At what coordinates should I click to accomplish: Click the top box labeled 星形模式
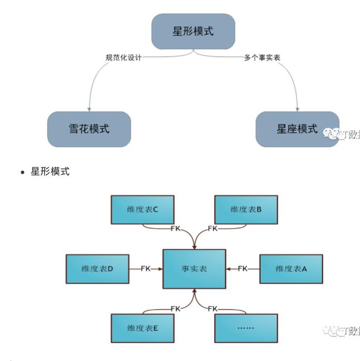[193, 31]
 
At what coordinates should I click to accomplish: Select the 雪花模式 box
[89, 129]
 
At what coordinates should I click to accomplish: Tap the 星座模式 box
[297, 129]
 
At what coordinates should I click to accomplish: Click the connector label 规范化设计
[123, 57]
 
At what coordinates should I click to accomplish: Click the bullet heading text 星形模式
[50, 171]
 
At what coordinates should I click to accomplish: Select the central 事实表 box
[194, 269]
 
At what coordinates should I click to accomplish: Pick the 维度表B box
[246, 209]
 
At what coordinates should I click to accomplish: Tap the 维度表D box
[97, 269]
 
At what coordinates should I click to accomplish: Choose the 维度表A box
[291, 269]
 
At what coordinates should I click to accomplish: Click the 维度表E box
[142, 328]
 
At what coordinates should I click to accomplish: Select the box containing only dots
[246, 328]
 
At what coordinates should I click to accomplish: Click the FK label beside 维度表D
[146, 269]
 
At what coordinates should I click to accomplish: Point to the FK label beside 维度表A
[242, 269]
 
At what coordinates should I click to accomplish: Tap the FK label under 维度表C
[175, 229]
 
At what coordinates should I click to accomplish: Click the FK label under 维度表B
[213, 229]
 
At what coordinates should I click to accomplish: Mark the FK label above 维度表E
[175, 309]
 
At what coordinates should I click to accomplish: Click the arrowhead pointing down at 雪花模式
[89, 108]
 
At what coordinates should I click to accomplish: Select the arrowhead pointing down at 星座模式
[297, 108]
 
